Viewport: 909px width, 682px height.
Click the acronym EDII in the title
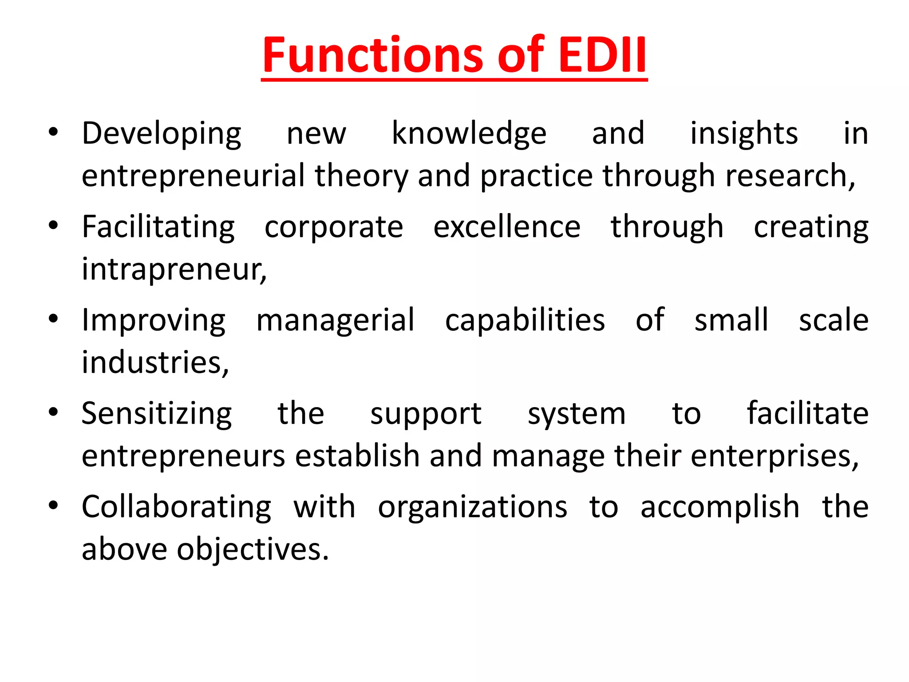click(602, 55)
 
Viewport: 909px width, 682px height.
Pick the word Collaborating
click(176, 508)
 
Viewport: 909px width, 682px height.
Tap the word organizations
click(472, 508)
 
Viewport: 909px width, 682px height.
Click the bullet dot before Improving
click(53, 319)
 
